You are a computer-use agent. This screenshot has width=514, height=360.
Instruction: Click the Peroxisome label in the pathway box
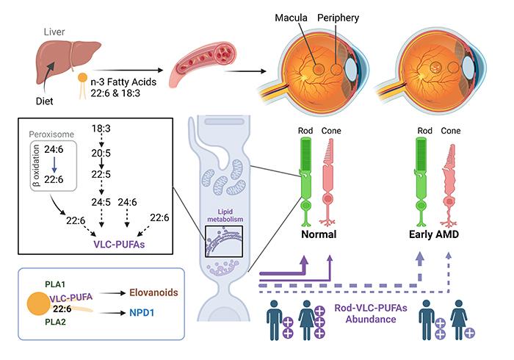pos(51,136)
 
